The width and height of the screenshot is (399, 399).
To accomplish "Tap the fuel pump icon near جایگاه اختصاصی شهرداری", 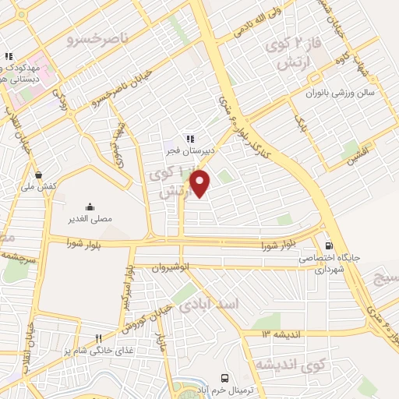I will point(329,244).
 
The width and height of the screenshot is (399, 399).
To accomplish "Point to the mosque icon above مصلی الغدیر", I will point(90,207).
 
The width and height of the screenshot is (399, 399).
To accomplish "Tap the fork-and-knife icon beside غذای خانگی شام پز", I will point(98,339).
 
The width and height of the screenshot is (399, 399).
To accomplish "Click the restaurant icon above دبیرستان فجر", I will point(189,138).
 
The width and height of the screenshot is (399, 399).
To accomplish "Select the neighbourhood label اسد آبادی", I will point(209,302).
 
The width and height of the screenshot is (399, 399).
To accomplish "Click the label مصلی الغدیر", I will point(91,219).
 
